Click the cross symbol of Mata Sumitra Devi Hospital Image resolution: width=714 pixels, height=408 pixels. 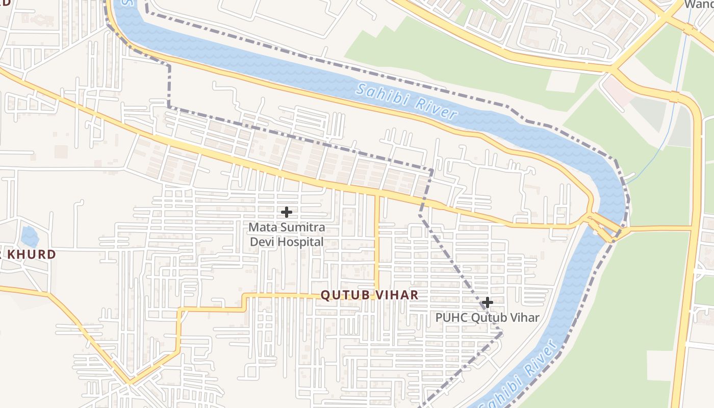(x=287, y=212)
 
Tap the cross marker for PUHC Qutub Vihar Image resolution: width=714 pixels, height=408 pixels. (x=487, y=302)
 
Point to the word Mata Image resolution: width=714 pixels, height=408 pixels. (x=261, y=227)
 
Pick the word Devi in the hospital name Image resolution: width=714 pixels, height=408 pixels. (x=262, y=242)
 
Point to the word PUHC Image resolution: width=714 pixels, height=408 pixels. (x=451, y=318)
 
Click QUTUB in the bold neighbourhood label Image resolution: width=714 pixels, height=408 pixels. (x=345, y=295)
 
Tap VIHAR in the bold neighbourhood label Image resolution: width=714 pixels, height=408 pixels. (x=396, y=295)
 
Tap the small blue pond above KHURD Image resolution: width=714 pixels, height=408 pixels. (x=30, y=237)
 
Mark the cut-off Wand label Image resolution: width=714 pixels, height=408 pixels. (x=698, y=5)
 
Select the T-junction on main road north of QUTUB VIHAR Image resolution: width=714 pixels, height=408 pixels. (x=377, y=195)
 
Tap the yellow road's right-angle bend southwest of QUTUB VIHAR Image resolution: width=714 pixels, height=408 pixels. (x=179, y=309)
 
